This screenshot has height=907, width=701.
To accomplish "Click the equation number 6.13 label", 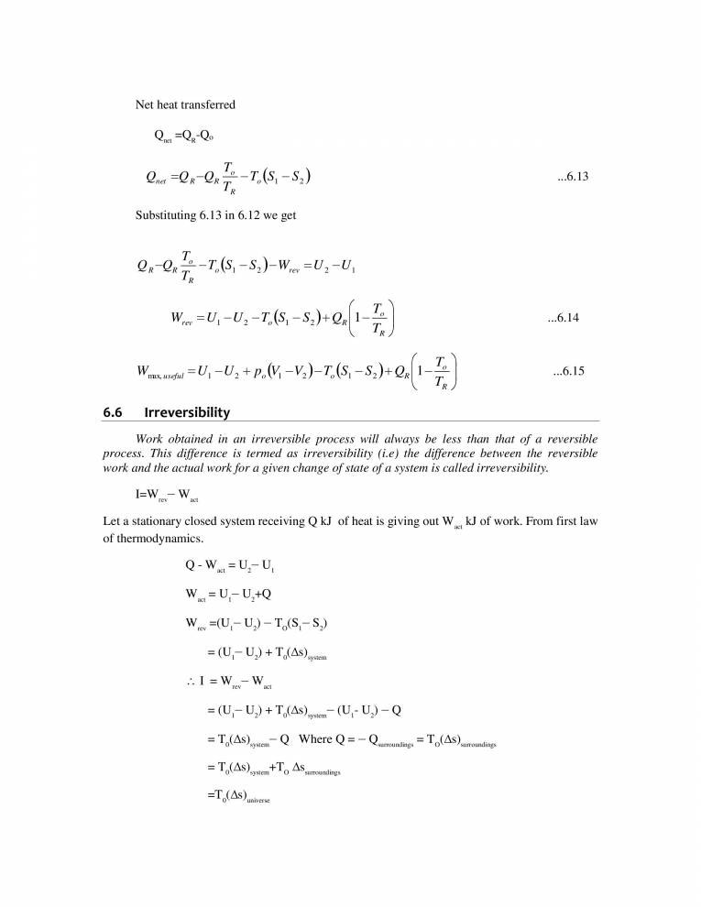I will [572, 178].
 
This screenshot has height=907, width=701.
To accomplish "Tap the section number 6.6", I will [113, 412].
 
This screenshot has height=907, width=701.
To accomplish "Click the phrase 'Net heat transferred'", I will [185, 104].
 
